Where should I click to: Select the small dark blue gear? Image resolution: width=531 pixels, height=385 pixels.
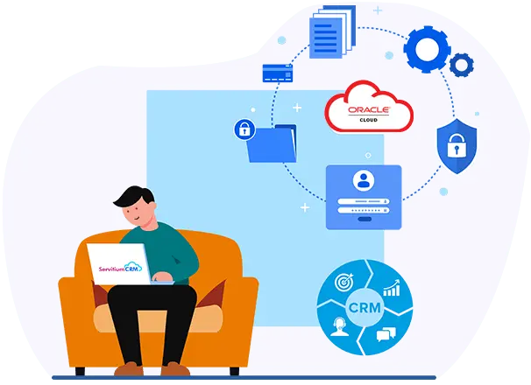click(x=461, y=63)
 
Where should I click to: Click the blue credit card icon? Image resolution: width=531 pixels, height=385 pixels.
click(x=277, y=73)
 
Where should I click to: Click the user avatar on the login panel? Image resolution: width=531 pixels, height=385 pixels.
click(x=363, y=180)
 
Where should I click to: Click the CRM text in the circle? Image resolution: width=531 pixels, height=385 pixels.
click(x=364, y=309)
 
